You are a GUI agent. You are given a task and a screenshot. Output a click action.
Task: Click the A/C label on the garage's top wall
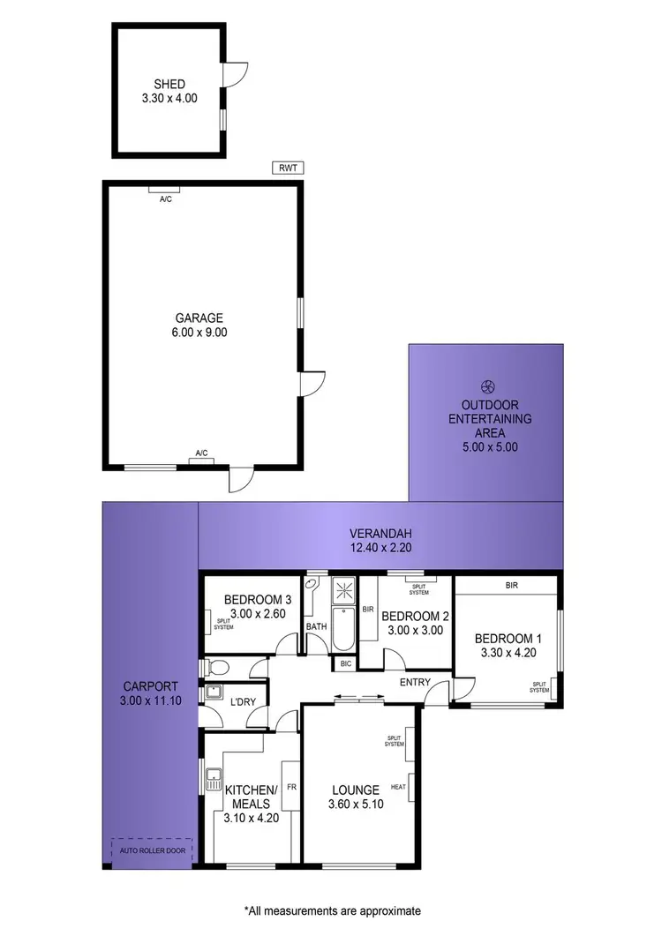point(165,199)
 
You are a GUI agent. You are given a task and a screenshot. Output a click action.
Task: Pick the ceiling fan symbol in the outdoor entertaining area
point(485,386)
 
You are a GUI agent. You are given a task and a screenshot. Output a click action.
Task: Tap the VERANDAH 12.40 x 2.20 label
point(380,540)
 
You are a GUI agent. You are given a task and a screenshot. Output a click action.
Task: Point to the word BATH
point(316,627)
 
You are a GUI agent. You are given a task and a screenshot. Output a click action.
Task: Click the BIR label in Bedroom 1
point(511,585)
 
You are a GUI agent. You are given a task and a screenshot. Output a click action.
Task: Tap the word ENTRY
point(415,683)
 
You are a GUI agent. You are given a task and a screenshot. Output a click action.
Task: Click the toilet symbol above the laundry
point(215,668)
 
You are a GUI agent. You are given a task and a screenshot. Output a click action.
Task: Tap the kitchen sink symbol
point(212,780)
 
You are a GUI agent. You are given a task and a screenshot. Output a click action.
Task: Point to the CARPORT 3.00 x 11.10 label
point(150,692)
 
